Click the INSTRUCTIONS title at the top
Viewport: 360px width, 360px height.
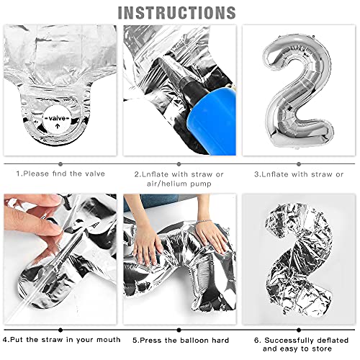pos(177,12)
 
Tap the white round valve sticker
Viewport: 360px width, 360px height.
pos(57,120)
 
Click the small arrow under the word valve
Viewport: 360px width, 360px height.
pos(57,126)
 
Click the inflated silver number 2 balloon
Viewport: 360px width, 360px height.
pos(298,91)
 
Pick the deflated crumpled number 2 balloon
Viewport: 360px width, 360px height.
pos(299,259)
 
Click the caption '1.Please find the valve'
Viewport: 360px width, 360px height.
pos(60,174)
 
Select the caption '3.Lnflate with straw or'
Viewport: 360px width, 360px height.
pos(299,174)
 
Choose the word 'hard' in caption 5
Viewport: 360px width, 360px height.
pos(220,340)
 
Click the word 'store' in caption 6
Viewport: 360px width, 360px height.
pos(320,348)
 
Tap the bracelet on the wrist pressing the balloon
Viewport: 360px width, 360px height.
pos(204,221)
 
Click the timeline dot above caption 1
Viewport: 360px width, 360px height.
pos(60,164)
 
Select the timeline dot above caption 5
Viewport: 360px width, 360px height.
pos(179,330)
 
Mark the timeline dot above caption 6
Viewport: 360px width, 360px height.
pos(299,330)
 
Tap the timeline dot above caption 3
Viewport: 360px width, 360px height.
pos(299,164)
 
